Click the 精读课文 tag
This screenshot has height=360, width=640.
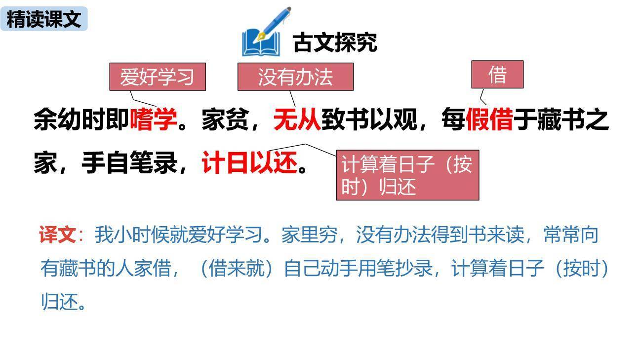click(x=44, y=19)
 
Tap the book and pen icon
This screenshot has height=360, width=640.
click(x=265, y=34)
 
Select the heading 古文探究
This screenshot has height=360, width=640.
click(x=335, y=42)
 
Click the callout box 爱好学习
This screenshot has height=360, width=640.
click(x=157, y=77)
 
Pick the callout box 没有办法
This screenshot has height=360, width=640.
click(x=295, y=77)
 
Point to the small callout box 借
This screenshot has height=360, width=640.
click(x=497, y=75)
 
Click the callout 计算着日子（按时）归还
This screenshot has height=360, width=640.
click(x=407, y=175)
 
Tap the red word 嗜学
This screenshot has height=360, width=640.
click(x=153, y=120)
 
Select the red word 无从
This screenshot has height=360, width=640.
click(x=297, y=120)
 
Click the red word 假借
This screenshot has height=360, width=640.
click(x=489, y=120)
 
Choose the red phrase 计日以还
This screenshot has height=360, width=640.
click(x=250, y=162)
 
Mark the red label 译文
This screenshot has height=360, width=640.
click(x=57, y=235)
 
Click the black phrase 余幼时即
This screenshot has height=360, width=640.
click(x=81, y=120)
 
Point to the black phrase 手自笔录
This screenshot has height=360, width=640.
click(x=129, y=162)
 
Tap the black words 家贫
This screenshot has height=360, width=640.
click(x=225, y=120)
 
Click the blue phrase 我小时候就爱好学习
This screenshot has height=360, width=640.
click(x=178, y=235)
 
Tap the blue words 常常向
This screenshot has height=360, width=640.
click(x=571, y=235)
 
